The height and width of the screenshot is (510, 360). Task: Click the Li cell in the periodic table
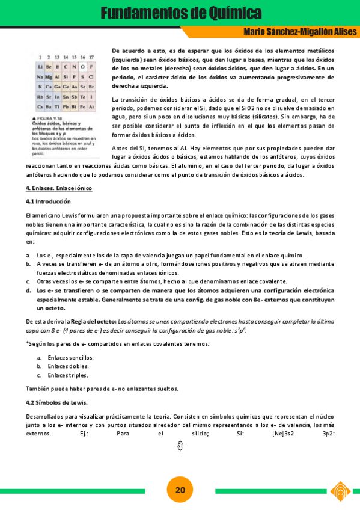point(40,67)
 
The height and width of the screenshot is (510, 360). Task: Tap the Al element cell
point(56,77)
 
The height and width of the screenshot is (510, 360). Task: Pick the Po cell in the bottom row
point(82,106)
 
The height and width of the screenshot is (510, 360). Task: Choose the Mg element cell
point(48,77)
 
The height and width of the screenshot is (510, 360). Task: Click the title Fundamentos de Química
point(180,13)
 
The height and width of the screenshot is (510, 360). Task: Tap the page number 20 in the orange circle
point(180,490)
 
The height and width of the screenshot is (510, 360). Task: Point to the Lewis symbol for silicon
point(180,445)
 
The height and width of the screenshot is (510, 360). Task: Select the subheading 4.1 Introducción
point(48,201)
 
